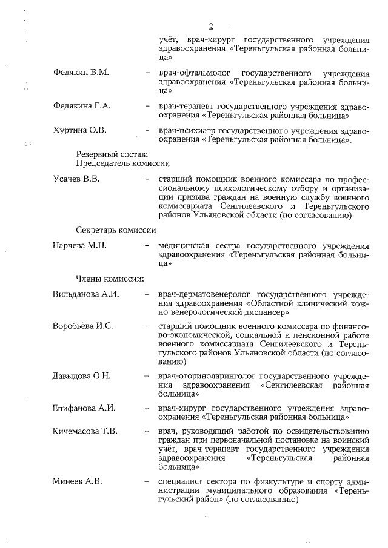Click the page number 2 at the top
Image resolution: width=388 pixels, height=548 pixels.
click(x=211, y=26)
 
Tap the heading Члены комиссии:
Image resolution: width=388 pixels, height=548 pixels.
click(x=109, y=279)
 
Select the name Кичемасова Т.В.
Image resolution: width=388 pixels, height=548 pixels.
click(x=85, y=432)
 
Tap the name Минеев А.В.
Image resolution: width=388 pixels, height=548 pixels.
click(x=78, y=481)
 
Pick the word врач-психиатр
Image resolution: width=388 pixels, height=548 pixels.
click(x=186, y=130)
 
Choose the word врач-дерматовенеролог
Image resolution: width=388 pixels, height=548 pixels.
click(x=202, y=295)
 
